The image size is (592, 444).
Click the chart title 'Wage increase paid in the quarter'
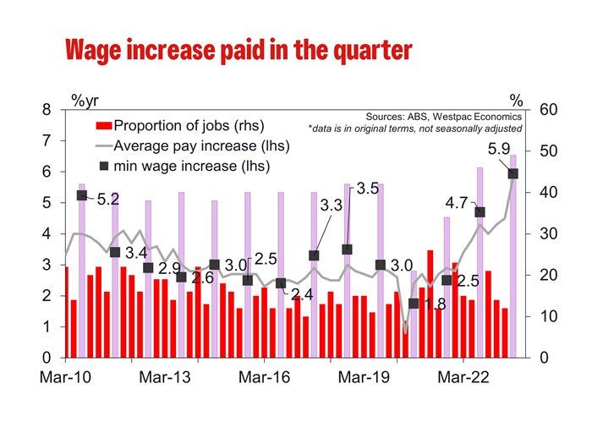(x=238, y=50)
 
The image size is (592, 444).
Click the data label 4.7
(x=457, y=203)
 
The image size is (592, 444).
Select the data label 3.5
(x=366, y=189)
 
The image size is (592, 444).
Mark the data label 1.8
(x=434, y=304)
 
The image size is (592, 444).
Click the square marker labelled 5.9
(x=513, y=173)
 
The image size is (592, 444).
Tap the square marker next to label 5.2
(x=82, y=195)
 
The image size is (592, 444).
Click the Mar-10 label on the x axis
(x=66, y=377)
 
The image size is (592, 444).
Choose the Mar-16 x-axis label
(x=266, y=377)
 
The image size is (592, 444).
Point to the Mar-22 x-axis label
(x=465, y=377)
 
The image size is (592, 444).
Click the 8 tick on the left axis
(x=47, y=110)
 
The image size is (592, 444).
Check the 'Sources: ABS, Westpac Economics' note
(x=443, y=116)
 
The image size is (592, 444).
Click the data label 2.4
(x=302, y=295)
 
